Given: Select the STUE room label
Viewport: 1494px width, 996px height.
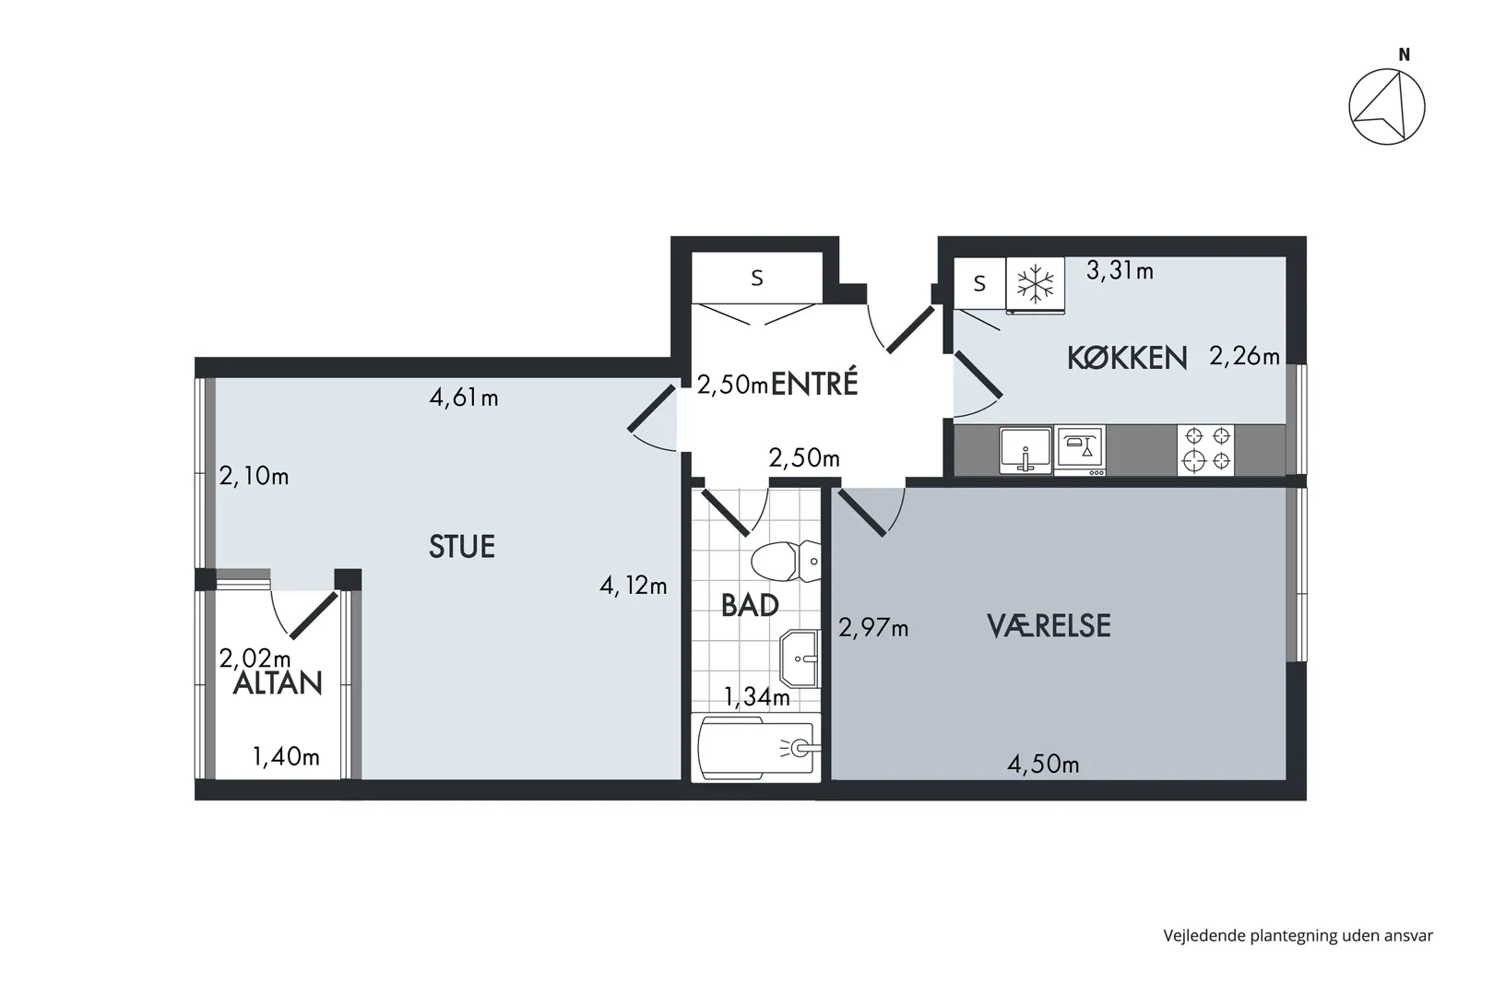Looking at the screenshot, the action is click(461, 546).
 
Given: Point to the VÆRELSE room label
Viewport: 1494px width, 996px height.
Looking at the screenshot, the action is click(1049, 626).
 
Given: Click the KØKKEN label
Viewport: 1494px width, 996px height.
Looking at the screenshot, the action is click(1127, 358).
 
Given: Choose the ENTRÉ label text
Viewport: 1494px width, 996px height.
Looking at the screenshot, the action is click(814, 384).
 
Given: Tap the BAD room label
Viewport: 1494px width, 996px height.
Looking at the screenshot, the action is click(750, 606).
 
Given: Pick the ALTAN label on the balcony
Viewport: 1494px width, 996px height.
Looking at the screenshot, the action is click(278, 683).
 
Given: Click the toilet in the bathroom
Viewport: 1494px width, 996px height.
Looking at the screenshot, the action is click(786, 561).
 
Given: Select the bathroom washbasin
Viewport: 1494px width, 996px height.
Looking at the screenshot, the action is click(800, 658).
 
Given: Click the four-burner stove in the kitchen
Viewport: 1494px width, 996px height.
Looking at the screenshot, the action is click(1206, 450).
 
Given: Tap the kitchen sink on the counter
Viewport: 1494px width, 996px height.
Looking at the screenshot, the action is click(1026, 451).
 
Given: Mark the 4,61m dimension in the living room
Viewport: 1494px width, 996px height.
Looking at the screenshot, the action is click(464, 398).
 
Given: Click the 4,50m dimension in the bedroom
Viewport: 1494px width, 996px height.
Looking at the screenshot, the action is click(1043, 764).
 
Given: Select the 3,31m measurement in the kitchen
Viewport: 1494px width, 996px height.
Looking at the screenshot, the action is click(1120, 270).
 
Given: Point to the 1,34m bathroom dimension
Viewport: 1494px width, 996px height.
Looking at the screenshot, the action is click(757, 697).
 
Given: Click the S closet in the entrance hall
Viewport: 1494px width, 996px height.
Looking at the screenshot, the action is click(757, 278).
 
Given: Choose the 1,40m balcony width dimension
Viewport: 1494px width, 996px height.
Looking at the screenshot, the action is click(286, 756).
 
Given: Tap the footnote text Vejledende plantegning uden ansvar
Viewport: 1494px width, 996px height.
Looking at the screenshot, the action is click(1298, 936).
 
